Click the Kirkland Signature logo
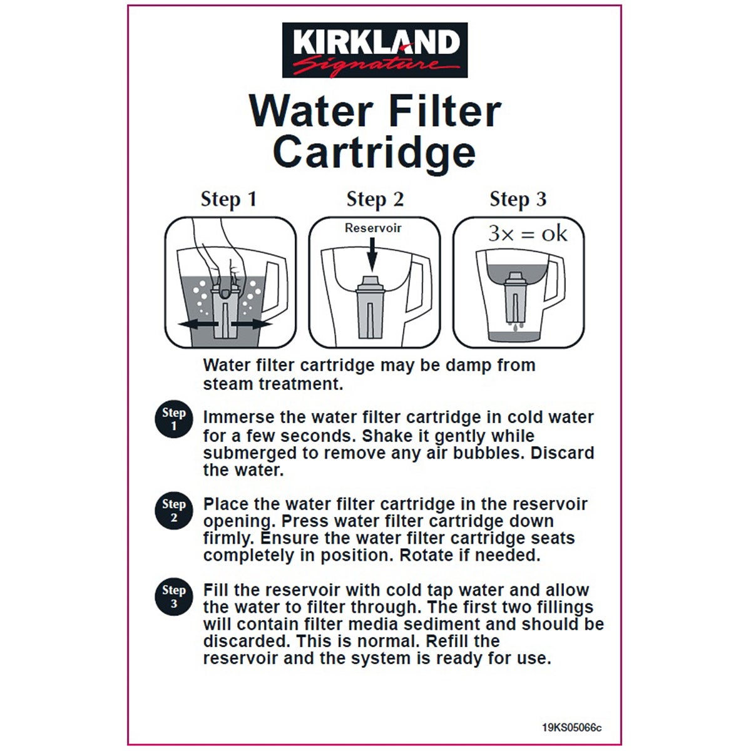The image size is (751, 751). point(374,50)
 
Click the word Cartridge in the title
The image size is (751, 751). point(374,152)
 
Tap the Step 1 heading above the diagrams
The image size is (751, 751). point(228,199)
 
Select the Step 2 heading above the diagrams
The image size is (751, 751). point(375,199)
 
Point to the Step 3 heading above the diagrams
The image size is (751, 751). point(518,199)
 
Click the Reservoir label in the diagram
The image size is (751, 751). point(373,228)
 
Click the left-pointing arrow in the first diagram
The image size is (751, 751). point(195,324)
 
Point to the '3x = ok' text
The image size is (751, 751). point(527,233)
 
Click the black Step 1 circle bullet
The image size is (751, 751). point(173,419)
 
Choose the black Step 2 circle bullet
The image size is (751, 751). point(173,511)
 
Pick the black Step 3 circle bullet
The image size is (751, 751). point(173,596)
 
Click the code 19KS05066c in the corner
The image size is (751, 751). point(571,728)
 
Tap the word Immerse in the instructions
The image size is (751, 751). point(238,417)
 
